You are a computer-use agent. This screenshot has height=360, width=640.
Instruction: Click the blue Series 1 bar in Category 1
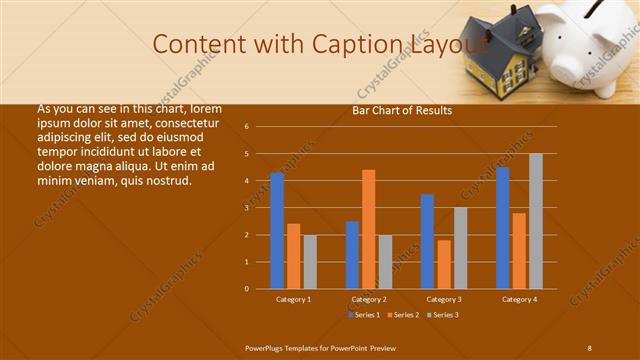277,231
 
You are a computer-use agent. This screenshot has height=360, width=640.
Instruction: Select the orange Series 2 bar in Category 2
369,229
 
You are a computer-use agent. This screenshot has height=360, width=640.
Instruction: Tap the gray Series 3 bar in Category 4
536,221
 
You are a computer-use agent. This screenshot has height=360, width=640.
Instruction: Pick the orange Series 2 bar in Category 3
444,264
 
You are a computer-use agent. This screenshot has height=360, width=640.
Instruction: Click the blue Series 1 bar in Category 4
503,228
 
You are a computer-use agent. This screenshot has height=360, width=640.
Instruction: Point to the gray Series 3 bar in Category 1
310,262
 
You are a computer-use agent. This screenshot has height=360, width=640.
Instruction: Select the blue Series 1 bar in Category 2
352,255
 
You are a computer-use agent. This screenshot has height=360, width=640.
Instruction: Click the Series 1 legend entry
364,315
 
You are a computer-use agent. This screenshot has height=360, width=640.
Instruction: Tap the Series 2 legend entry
403,315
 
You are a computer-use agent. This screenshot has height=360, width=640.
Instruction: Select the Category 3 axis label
444,299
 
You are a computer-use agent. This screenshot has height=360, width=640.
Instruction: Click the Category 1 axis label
293,299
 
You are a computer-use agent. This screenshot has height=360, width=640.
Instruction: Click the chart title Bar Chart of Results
402,111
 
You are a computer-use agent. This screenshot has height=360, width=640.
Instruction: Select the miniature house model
500,55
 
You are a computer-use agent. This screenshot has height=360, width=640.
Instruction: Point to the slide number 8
589,347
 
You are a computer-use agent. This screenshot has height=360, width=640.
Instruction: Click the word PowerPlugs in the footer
268,347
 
